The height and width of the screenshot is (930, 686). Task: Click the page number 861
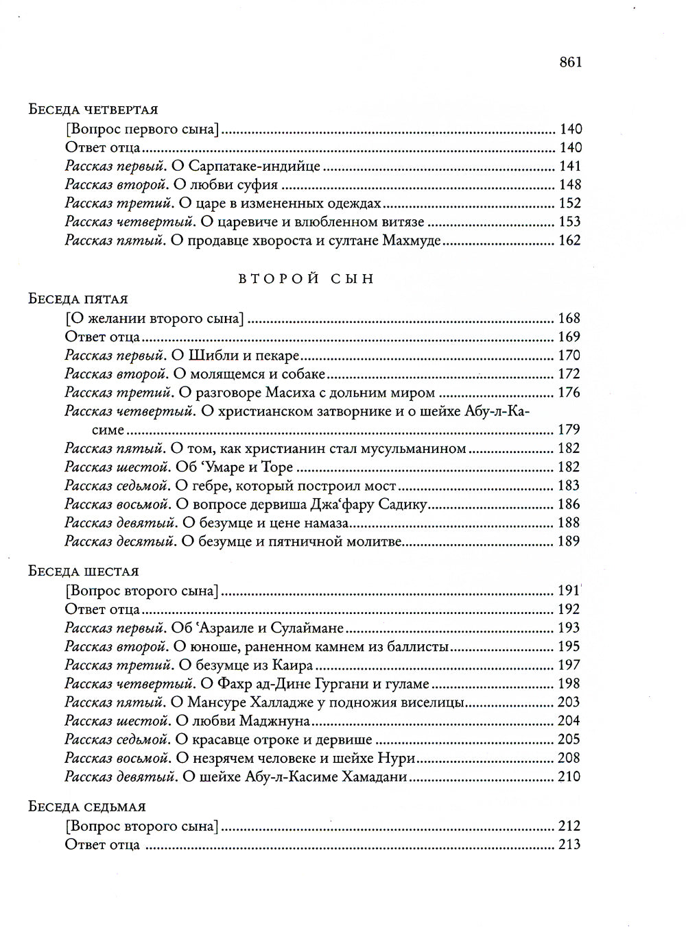pyautogui.click(x=570, y=62)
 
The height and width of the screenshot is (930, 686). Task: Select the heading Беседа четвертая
pyautogui.click(x=93, y=110)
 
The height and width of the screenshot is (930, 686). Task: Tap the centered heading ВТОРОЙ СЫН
pyautogui.click(x=306, y=279)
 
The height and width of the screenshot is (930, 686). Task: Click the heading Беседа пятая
pyautogui.click(x=78, y=299)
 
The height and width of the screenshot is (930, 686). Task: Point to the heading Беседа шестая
pyautogui.click(x=84, y=572)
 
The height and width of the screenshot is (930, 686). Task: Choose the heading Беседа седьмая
pyautogui.click(x=86, y=807)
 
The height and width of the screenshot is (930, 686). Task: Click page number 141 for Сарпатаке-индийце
pyautogui.click(x=570, y=166)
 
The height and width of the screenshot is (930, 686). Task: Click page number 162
pyautogui.click(x=570, y=241)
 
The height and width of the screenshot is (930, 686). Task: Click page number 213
pyautogui.click(x=570, y=845)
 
